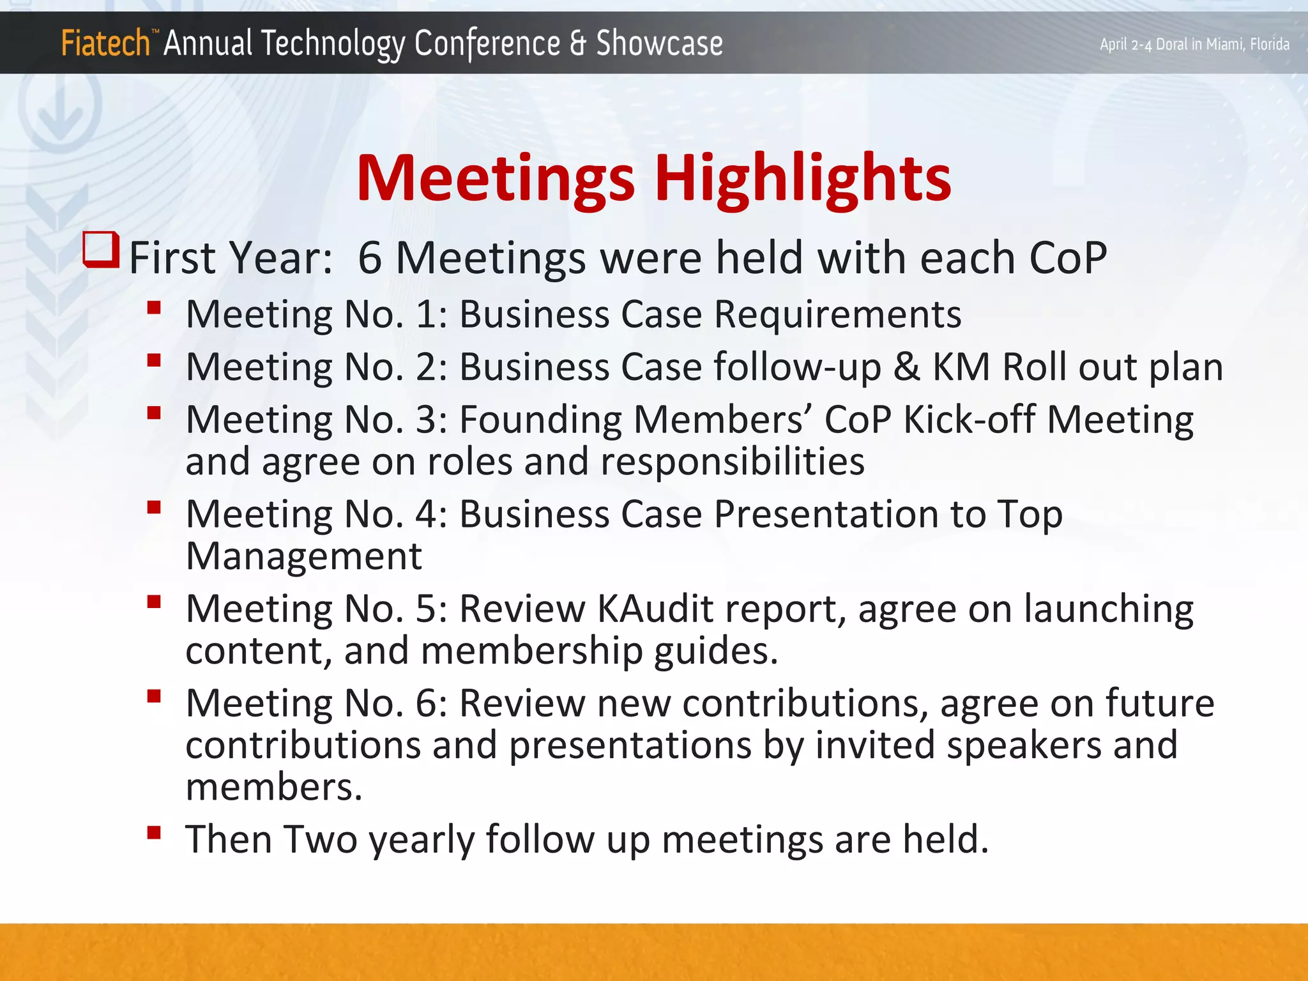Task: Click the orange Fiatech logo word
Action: click(105, 43)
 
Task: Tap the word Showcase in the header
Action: click(658, 43)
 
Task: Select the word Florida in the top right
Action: click(1269, 44)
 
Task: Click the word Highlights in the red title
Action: click(802, 178)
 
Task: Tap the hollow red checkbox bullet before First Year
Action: click(101, 250)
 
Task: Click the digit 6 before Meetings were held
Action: click(370, 258)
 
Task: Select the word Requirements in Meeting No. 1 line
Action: click(837, 314)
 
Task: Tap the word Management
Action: click(303, 556)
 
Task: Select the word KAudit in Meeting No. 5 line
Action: click(655, 609)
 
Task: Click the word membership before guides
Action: click(531, 651)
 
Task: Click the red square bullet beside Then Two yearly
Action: click(153, 832)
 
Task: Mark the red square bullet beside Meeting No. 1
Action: click(153, 308)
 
